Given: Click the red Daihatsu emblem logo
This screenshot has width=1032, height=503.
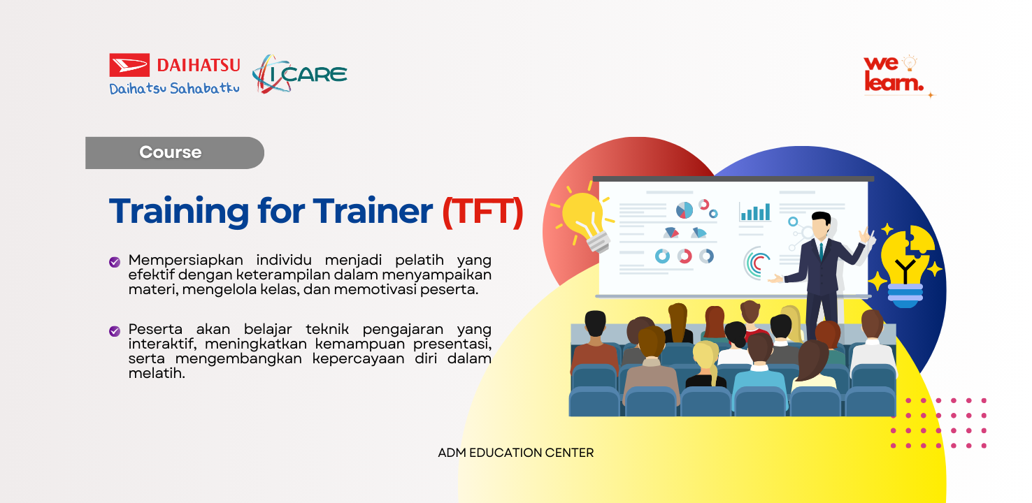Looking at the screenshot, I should click(129, 65).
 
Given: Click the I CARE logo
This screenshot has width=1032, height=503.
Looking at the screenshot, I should click(300, 74).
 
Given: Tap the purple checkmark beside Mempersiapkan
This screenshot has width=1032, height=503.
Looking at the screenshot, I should click(115, 262).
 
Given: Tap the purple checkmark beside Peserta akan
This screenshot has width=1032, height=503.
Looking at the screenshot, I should click(115, 330).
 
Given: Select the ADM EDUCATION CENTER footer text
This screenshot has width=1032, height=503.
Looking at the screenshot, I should click(516, 453).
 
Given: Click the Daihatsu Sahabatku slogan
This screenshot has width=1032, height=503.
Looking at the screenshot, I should click(174, 89).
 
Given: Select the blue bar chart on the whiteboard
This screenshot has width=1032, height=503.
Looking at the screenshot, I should click(755, 211).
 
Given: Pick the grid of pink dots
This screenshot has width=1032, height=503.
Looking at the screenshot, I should click(938, 423).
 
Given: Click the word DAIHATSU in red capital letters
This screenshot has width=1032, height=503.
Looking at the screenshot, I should click(199, 65).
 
